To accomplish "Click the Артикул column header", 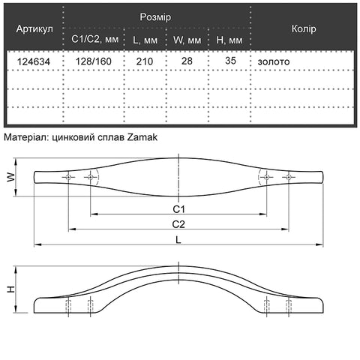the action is (x=34, y=29).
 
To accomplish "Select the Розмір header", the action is (x=155, y=17).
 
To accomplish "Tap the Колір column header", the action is (x=304, y=28).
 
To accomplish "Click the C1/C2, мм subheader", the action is (x=94, y=39).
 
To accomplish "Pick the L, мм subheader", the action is (x=145, y=40).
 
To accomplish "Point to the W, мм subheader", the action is (x=187, y=40).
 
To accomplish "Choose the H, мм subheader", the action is (x=229, y=40).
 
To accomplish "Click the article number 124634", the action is (x=34, y=61).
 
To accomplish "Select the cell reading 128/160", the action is (x=94, y=61).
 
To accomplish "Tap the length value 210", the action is (x=145, y=61).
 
